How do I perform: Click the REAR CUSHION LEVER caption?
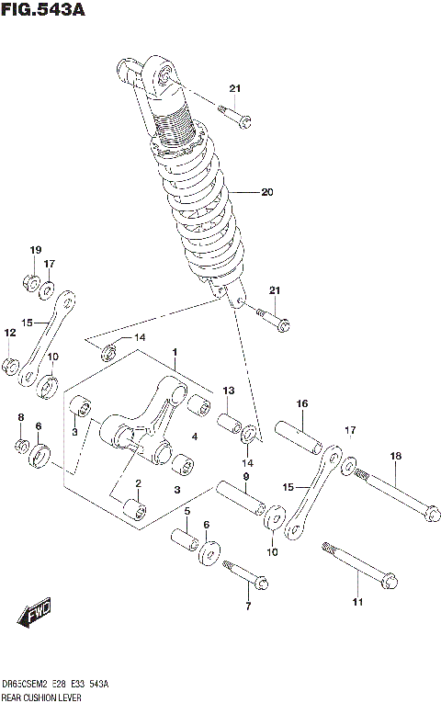(x=41, y=696)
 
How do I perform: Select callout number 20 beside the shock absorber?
(x=267, y=192)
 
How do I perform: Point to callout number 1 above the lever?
(x=175, y=352)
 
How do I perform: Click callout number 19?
(x=36, y=251)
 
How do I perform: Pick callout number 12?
(x=9, y=333)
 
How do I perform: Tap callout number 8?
(x=21, y=418)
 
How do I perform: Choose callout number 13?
(x=229, y=391)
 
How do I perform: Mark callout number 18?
(x=395, y=456)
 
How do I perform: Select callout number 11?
(x=357, y=603)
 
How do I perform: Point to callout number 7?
(x=247, y=607)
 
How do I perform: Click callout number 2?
(x=138, y=483)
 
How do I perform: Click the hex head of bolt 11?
(x=388, y=581)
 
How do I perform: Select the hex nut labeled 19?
(x=29, y=282)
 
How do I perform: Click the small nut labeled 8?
(x=22, y=447)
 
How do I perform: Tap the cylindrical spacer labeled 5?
(x=186, y=537)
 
